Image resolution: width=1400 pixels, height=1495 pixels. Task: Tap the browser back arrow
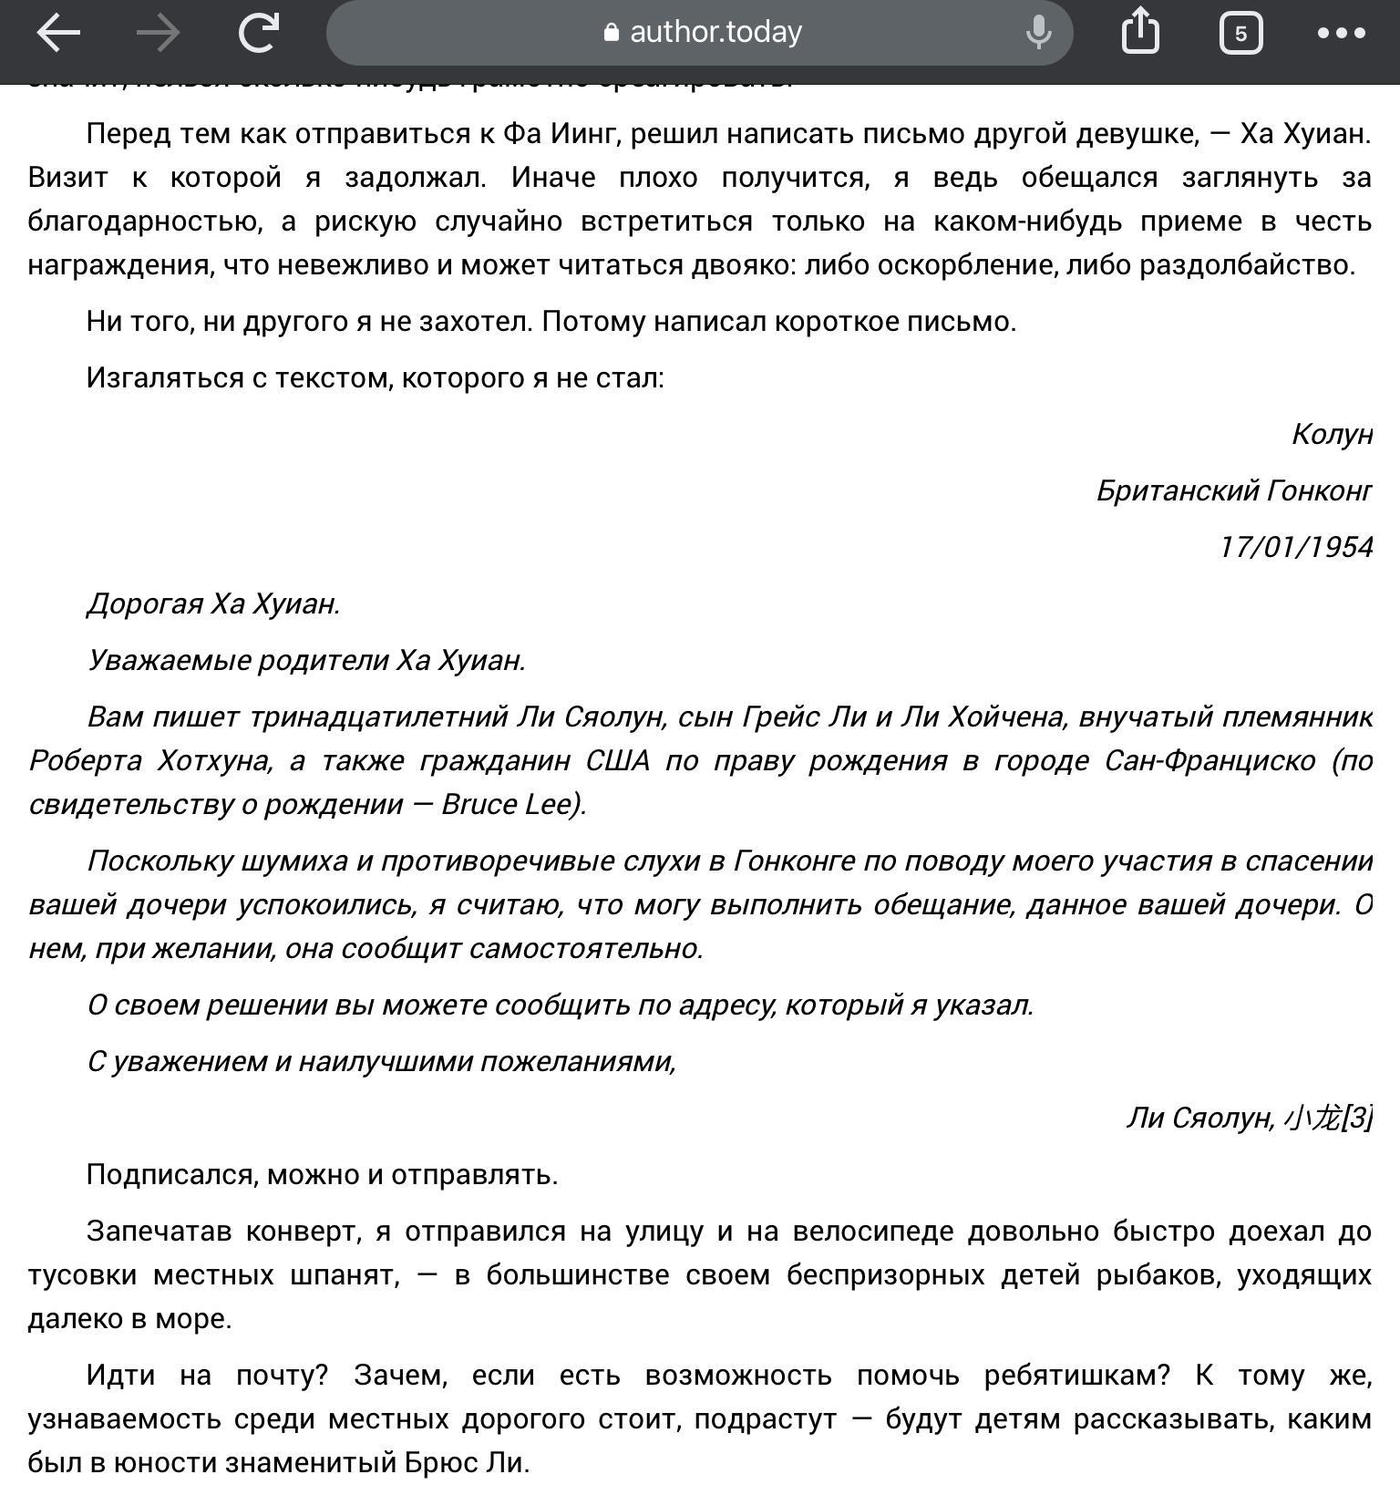click(x=58, y=33)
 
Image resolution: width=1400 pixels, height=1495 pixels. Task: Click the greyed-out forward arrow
click(x=158, y=33)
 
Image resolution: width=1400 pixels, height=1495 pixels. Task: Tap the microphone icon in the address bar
click(x=1038, y=33)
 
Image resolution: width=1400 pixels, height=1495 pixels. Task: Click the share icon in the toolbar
click(x=1140, y=32)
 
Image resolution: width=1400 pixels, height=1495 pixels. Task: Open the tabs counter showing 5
click(x=1240, y=34)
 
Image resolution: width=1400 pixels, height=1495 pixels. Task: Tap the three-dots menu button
click(x=1341, y=34)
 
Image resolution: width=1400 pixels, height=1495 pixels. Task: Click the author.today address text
click(x=715, y=33)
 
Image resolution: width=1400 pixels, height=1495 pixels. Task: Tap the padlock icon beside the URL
click(x=611, y=33)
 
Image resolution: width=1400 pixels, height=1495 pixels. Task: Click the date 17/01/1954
click(x=1295, y=547)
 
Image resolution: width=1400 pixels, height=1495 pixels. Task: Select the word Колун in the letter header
click(x=1332, y=434)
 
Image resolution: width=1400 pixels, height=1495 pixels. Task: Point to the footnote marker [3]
click(x=1358, y=1118)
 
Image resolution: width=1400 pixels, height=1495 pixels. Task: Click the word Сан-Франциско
click(x=1210, y=760)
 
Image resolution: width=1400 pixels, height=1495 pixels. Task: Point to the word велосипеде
click(x=872, y=1231)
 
